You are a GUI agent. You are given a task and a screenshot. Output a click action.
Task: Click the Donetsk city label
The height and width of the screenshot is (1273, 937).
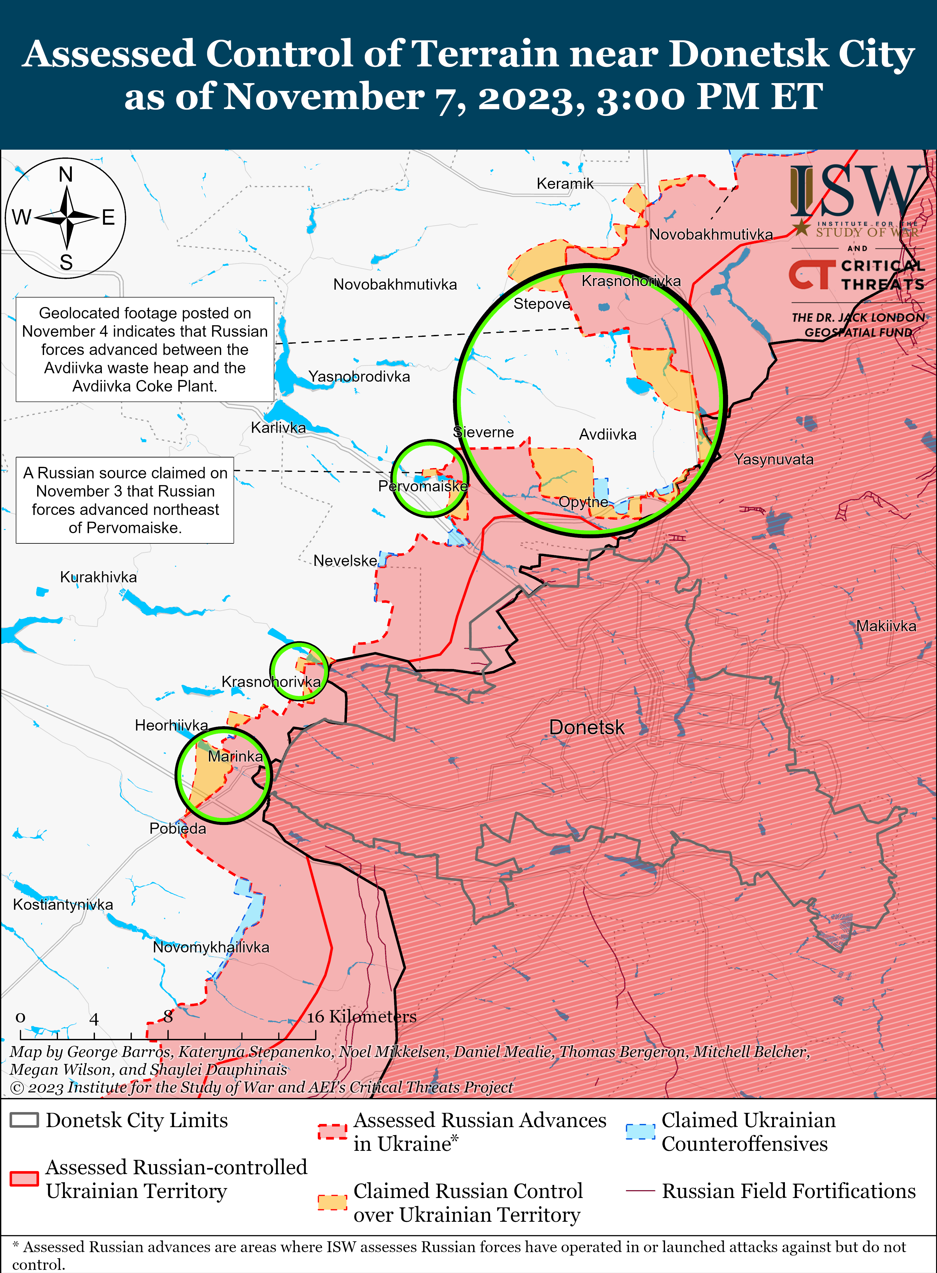(587, 727)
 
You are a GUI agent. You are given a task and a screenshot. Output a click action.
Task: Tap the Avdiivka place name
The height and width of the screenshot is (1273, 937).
(607, 435)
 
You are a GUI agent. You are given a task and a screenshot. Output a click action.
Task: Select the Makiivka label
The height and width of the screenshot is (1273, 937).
(886, 626)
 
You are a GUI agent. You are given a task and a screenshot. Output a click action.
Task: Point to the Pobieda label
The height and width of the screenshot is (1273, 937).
(177, 828)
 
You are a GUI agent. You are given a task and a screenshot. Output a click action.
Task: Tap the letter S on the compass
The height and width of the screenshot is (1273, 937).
(66, 262)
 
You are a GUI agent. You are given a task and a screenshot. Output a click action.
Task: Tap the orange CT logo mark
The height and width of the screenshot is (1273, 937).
(812, 275)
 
